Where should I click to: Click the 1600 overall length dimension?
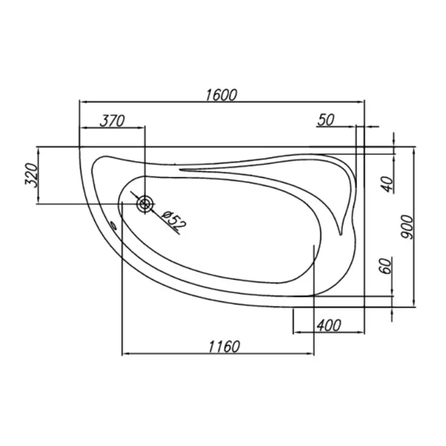pos(221,95)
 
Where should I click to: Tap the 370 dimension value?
pos(112,121)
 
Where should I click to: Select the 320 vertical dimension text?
pos(31,175)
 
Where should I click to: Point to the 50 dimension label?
pos(326,120)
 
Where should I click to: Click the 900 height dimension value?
pos(407,227)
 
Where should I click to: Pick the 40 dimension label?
pos(387,184)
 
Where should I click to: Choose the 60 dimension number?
pos(386,266)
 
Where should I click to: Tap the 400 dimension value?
pos(329,325)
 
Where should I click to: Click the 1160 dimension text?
pos(225,347)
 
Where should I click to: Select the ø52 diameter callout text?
pos(174,220)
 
